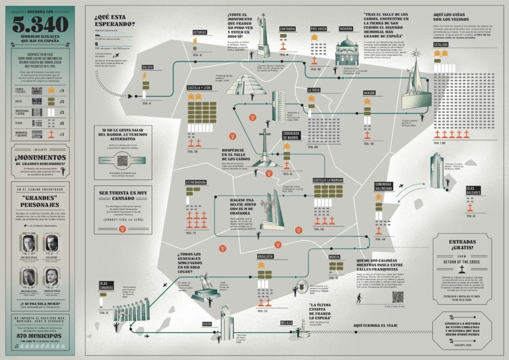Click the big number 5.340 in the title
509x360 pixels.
[x=41, y=24]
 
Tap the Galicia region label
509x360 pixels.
[x=147, y=67]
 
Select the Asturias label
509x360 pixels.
[x=199, y=32]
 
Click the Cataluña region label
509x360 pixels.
[x=442, y=45]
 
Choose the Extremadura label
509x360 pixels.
[x=196, y=182]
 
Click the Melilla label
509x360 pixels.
[x=286, y=323]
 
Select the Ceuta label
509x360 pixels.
[x=207, y=324]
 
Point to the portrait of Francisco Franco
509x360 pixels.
[x=52, y=276]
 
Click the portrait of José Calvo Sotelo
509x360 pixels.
[x=28, y=244]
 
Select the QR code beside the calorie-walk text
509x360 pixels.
[x=398, y=297]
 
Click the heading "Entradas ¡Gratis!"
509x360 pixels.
[x=462, y=244]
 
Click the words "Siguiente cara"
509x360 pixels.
[x=462, y=344]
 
